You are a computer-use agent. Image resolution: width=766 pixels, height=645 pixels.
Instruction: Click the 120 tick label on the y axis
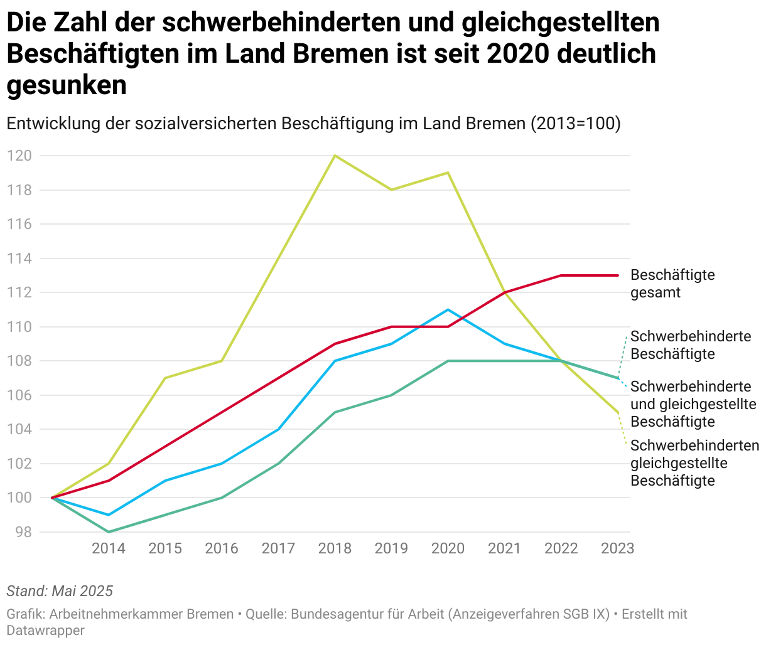click(x=19, y=156)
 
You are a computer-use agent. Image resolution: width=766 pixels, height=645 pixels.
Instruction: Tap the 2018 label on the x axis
click(x=335, y=548)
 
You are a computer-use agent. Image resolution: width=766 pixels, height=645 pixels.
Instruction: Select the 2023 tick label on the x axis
click(x=617, y=548)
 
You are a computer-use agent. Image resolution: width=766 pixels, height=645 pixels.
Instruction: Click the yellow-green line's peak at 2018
click(x=335, y=156)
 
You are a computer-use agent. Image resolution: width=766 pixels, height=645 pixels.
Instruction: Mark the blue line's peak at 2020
click(x=448, y=309)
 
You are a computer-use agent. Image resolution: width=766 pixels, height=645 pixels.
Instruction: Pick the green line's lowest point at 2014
click(x=109, y=532)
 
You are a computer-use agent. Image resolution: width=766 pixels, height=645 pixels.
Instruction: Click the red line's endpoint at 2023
click(x=618, y=275)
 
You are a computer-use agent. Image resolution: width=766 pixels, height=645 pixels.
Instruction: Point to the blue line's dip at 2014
click(x=109, y=515)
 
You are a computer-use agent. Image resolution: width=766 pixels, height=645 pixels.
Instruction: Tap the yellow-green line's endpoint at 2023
click(x=618, y=412)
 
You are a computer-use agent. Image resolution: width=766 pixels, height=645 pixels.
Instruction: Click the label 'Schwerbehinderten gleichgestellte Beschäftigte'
click(x=694, y=463)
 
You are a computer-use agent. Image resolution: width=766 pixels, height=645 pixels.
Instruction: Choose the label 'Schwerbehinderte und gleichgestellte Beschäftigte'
click(x=693, y=404)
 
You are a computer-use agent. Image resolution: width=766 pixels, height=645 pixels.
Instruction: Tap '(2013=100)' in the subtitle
click(x=575, y=124)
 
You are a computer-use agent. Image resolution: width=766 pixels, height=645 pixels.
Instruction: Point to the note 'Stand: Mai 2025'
click(x=60, y=591)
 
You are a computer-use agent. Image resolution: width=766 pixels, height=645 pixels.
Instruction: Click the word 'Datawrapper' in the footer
click(x=45, y=630)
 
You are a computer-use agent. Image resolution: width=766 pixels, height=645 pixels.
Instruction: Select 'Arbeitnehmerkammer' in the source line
click(x=141, y=614)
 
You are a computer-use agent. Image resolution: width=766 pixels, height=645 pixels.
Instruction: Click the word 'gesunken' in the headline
click(x=67, y=85)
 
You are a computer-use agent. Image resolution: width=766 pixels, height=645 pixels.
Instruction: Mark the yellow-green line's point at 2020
click(x=448, y=173)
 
